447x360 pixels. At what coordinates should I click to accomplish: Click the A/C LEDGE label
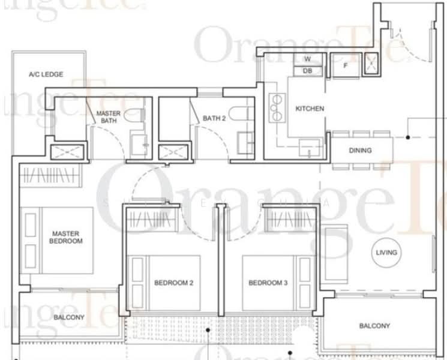[x=46, y=74]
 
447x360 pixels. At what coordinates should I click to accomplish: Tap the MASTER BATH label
[x=109, y=117]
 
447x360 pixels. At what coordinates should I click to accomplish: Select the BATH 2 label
[x=214, y=118]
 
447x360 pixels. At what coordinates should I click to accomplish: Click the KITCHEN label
[x=310, y=109]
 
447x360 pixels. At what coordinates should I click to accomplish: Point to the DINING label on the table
[x=361, y=150]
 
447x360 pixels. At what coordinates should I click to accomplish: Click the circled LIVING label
[x=386, y=253]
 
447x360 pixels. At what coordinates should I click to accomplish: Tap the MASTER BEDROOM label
[x=66, y=237]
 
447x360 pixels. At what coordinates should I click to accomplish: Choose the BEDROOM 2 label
[x=173, y=283]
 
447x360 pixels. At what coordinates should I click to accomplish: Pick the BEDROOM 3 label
[x=268, y=283]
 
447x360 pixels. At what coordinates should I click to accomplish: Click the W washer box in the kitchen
[x=308, y=59]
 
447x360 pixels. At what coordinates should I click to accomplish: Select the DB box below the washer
[x=308, y=71]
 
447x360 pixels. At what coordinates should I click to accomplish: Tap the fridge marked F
[x=346, y=65]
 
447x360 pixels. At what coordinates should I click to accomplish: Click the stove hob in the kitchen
[x=277, y=108]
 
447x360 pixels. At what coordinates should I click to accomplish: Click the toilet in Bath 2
[x=241, y=114]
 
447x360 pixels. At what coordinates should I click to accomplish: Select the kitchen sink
[x=310, y=148]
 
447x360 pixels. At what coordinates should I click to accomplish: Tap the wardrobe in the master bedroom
[x=50, y=175]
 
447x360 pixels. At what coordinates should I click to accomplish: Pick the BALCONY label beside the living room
[x=374, y=326]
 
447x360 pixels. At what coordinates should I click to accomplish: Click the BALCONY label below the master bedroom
[x=69, y=317]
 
